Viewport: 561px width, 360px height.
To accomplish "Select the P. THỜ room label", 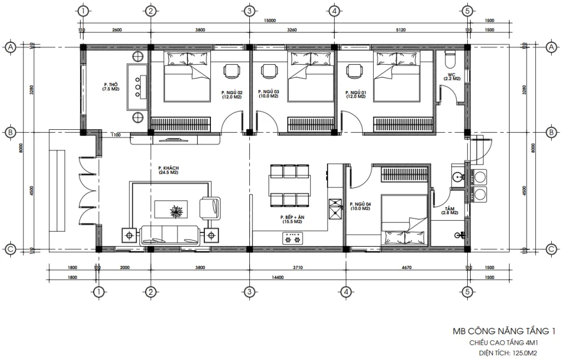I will [x=111, y=87].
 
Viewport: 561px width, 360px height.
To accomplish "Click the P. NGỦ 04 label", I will [x=360, y=206].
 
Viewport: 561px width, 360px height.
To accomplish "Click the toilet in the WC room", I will [x=450, y=58].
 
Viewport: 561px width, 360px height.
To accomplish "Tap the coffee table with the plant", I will [x=176, y=210].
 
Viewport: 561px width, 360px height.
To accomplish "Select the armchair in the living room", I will [x=210, y=207].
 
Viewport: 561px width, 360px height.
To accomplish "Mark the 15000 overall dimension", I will [x=269, y=20].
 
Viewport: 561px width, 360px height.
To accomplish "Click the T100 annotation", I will [x=115, y=135].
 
